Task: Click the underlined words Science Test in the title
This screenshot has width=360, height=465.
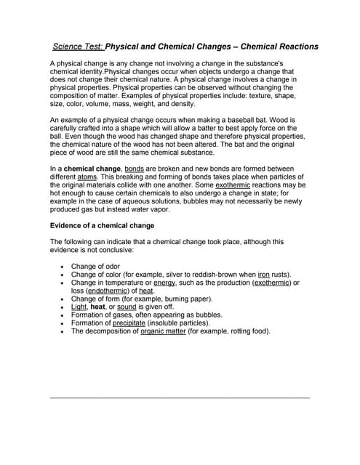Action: pyautogui.click(x=79, y=46)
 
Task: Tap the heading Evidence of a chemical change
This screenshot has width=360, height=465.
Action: pyautogui.click(x=102, y=225)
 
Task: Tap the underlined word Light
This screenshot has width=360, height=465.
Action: pyautogui.click(x=79, y=307)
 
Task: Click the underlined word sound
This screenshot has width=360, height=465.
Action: pyautogui.click(x=127, y=307)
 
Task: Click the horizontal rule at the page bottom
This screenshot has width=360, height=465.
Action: pyautogui.click(x=180, y=397)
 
